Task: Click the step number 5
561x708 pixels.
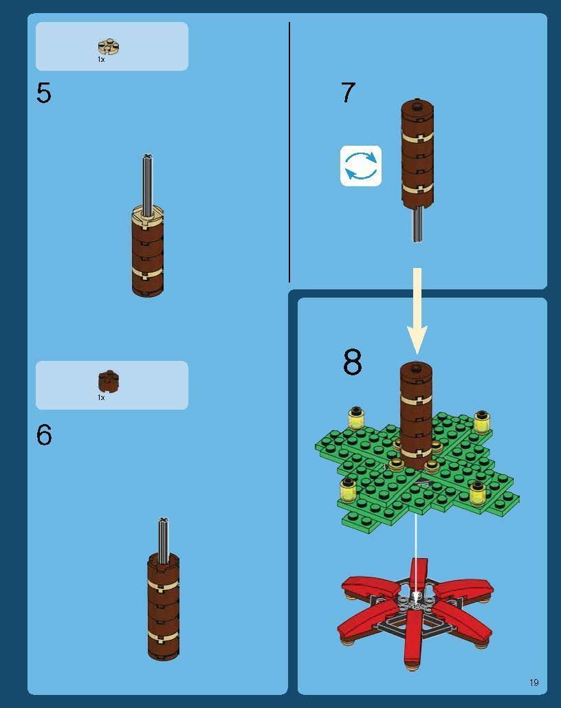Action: (44, 93)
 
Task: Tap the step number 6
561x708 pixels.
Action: (44, 435)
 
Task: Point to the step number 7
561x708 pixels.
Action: (349, 92)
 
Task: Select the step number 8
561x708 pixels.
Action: (353, 362)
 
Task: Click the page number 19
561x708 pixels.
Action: (534, 683)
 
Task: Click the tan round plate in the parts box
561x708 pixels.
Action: (109, 47)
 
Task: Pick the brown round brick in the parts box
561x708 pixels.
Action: (109, 381)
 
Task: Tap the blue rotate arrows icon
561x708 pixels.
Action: (361, 166)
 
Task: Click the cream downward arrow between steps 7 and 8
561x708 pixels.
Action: (417, 311)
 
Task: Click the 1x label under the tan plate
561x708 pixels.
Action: (101, 59)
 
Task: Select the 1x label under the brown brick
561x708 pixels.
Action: (101, 397)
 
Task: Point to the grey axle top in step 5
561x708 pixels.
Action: (147, 157)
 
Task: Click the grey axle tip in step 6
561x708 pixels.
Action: (164, 520)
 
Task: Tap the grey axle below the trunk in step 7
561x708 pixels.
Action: (417, 223)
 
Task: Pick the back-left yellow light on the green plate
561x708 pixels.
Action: (356, 418)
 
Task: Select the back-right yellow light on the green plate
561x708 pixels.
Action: (482, 422)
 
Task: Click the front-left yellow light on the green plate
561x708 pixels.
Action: (349, 489)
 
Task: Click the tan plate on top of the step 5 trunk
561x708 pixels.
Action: (147, 214)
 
